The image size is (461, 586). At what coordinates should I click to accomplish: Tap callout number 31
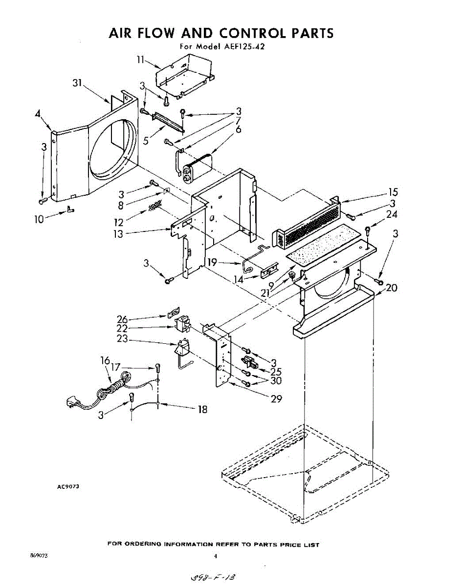click(x=77, y=83)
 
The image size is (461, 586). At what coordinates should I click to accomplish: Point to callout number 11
click(x=141, y=60)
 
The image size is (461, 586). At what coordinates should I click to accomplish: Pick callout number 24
click(x=392, y=214)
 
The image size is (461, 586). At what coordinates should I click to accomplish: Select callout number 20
click(x=391, y=288)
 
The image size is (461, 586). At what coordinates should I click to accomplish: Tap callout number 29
click(x=277, y=398)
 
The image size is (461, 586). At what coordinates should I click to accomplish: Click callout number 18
click(x=202, y=409)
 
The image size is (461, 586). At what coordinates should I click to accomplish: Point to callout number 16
click(x=105, y=361)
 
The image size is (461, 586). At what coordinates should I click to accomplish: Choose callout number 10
click(x=39, y=219)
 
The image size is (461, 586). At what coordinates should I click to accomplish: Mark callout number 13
click(x=118, y=233)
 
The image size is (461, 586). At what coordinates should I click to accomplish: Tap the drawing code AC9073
click(x=68, y=486)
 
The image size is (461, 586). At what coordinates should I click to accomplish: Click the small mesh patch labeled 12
click(x=155, y=206)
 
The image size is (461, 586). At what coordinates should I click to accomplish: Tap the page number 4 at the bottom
click(x=215, y=556)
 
